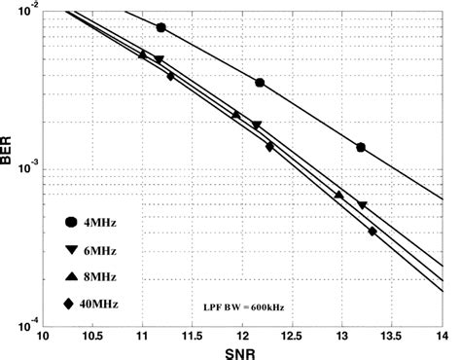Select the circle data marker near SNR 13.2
point(361,147)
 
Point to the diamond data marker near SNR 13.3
point(372,232)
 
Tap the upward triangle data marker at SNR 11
point(143,54)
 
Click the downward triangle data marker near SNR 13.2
point(363,205)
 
